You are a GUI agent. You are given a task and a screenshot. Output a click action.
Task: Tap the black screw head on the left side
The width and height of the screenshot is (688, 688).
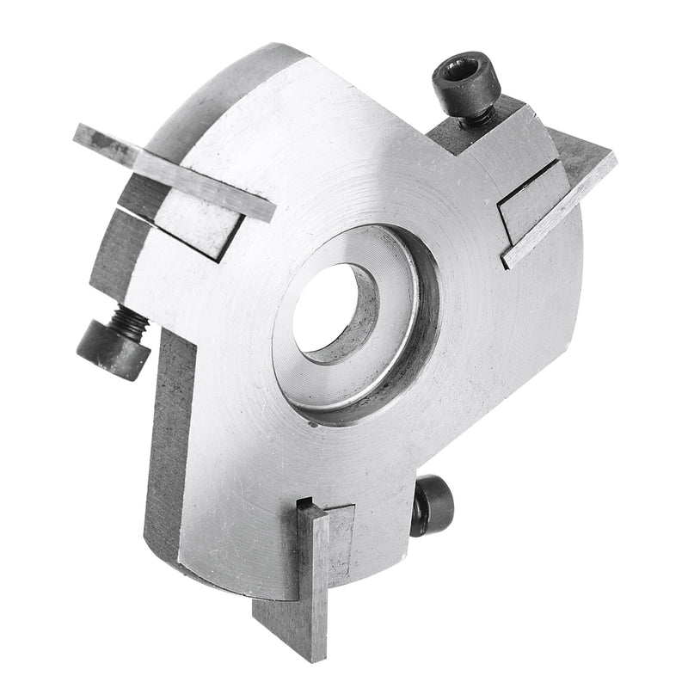[x=112, y=349]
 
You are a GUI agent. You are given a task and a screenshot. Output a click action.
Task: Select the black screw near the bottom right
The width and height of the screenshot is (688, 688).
[x=433, y=507]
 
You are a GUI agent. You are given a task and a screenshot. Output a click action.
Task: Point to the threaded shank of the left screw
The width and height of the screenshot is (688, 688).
[x=133, y=323]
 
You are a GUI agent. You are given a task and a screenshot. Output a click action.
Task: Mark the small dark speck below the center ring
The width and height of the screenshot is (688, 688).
[x=315, y=424]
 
